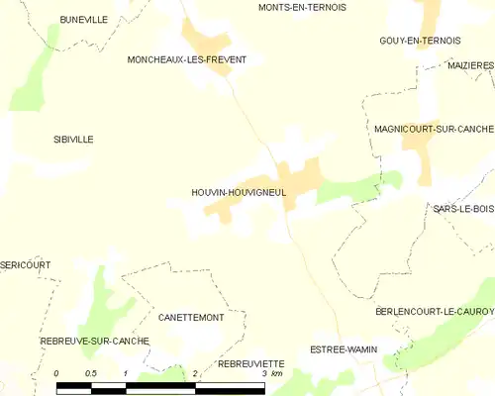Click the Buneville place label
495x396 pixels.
point(83,19)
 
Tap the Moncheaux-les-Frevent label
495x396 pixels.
point(187,59)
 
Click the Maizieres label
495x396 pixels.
point(469,64)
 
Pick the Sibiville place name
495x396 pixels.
point(73,140)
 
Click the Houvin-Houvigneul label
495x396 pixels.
point(239,193)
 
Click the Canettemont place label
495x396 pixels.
point(190,318)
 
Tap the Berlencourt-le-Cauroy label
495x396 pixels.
point(435,311)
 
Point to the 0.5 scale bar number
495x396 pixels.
point(90,372)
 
